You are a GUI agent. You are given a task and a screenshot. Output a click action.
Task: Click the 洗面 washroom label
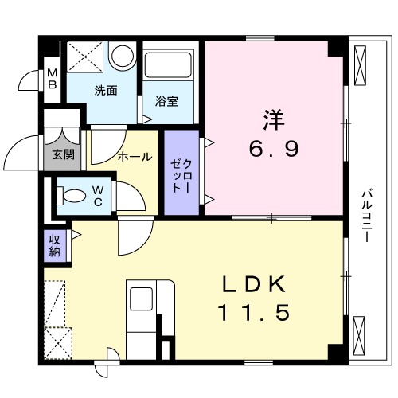pos(106,90)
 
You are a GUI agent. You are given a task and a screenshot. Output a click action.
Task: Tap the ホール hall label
pos(134,157)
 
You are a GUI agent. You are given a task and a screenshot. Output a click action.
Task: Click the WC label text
pos(96,194)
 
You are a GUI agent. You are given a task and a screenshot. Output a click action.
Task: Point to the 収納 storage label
pos(54,245)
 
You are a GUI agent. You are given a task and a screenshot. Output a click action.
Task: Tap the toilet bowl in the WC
pos(71,193)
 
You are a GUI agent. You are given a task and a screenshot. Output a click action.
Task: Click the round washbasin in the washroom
pos(122,56)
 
